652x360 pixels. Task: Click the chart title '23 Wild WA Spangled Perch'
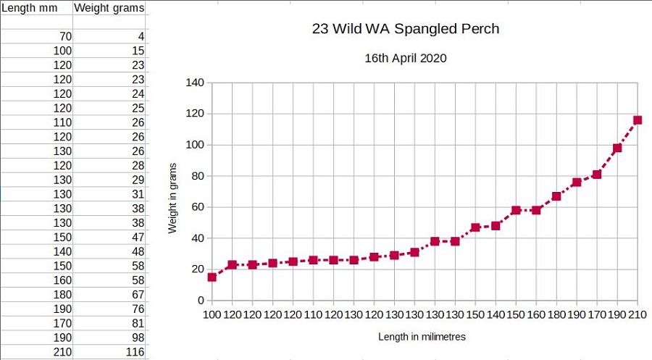[406, 29]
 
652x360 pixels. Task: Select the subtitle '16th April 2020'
[406, 59]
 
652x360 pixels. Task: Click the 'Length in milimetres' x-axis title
[422, 337]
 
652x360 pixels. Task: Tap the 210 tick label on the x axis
[638, 316]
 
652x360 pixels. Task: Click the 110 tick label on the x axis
[313, 316]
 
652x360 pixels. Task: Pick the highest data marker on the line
[638, 120]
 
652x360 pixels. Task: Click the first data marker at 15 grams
[212, 277]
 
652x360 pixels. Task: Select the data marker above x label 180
[556, 196]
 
